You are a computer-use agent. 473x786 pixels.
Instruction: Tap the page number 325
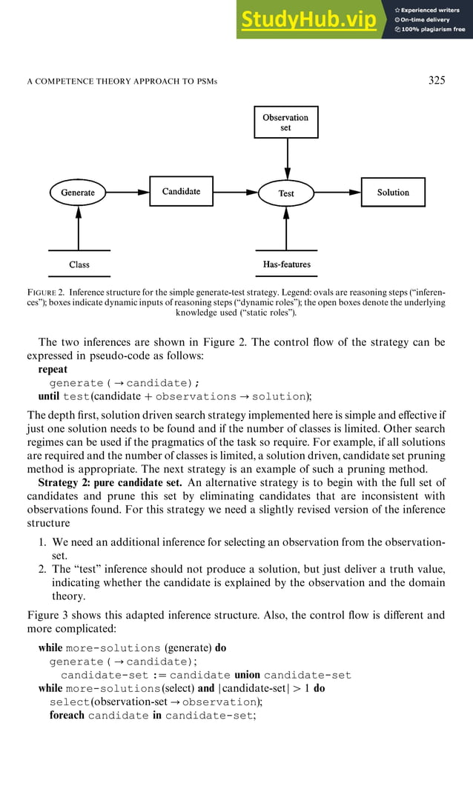pyautogui.click(x=437, y=80)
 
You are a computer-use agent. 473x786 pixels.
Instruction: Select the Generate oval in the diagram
pyautogui.click(x=78, y=193)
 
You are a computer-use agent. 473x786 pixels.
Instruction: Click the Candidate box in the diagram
pyautogui.click(x=181, y=191)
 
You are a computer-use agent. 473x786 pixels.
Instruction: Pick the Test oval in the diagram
pyautogui.click(x=286, y=193)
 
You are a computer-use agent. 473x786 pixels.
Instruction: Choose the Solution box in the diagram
pyautogui.click(x=393, y=192)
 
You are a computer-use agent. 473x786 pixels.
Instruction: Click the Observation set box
pyautogui.click(x=285, y=122)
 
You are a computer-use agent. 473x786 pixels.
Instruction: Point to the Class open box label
pyautogui.click(x=79, y=264)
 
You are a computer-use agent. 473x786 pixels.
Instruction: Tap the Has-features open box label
pyautogui.click(x=286, y=264)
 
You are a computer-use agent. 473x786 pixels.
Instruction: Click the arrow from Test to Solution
pyautogui.click(x=338, y=193)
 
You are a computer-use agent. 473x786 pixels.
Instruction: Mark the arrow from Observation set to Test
pyautogui.click(x=286, y=159)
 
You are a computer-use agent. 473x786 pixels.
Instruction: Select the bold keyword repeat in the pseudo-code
pyautogui.click(x=53, y=369)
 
